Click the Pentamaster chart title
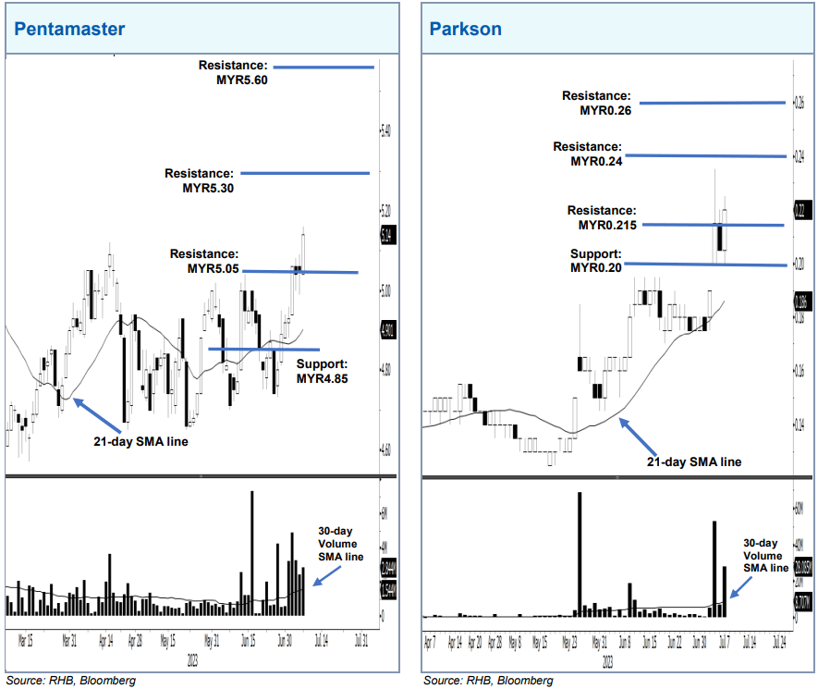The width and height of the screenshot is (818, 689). point(69,29)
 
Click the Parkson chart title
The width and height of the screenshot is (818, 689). point(466,29)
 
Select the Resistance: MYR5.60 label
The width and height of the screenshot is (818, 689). point(233,72)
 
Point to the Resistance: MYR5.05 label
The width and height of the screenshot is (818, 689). point(204,261)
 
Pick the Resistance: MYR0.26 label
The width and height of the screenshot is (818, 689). point(596,103)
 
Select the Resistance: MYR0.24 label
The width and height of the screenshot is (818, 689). point(587,154)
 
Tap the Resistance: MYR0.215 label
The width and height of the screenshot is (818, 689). point(602,217)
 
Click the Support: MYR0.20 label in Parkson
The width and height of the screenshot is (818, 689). point(596,261)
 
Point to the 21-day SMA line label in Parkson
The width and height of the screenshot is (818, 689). point(693,461)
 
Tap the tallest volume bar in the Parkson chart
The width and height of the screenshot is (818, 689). point(580,554)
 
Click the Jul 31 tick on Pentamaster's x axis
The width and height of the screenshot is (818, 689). point(361,638)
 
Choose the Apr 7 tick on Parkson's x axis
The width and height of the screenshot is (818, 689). point(429,639)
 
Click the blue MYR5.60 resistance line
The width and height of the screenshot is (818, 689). point(324,67)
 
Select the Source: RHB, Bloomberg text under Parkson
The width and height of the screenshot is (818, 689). point(488,680)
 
